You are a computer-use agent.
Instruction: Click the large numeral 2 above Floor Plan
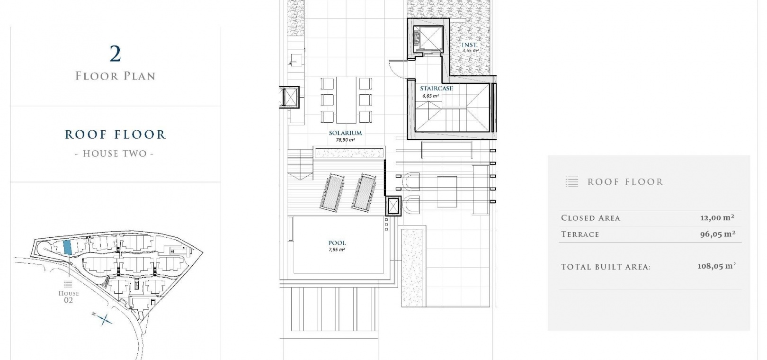(116, 54)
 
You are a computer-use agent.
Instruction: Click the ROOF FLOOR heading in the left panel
(116, 135)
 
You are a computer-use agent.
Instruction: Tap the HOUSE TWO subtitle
(115, 153)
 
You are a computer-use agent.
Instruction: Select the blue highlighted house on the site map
(67, 247)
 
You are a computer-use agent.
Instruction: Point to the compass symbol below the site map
(102, 319)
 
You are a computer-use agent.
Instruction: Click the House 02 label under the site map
(69, 297)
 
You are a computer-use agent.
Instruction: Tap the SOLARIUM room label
(345, 133)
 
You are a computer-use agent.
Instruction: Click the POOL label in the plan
(337, 243)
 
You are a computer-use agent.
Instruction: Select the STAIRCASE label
(436, 89)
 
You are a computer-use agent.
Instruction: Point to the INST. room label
(470, 45)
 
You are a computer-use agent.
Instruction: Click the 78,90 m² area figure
(345, 140)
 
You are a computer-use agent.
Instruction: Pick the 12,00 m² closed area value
(717, 217)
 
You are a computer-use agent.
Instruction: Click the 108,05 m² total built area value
(716, 266)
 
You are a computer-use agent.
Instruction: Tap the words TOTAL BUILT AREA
(606, 267)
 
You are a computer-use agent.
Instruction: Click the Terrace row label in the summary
(580, 234)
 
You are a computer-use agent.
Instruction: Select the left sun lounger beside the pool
(332, 191)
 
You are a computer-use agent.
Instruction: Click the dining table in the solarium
(346, 99)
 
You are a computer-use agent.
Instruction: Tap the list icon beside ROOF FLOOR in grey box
(572, 182)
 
